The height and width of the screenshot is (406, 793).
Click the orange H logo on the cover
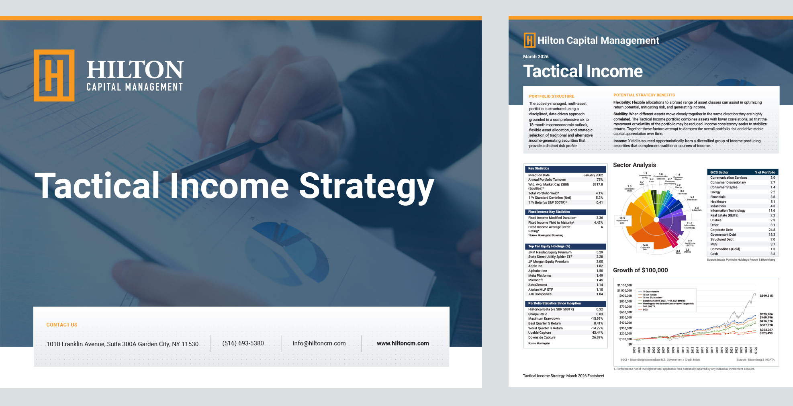click(x=54, y=75)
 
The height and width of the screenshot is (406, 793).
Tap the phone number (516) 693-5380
click(x=243, y=343)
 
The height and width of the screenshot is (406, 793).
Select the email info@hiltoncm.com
click(x=319, y=343)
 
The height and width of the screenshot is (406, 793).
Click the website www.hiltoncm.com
click(x=403, y=343)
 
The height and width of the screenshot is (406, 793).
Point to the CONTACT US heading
click(x=62, y=325)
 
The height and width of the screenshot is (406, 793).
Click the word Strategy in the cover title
click(x=366, y=186)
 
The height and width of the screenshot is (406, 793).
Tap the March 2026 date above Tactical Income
click(x=535, y=57)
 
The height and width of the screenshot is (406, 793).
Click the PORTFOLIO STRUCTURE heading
click(x=551, y=96)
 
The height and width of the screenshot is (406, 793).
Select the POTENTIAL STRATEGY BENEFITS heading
click(x=644, y=95)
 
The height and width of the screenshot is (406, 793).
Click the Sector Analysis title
click(x=634, y=165)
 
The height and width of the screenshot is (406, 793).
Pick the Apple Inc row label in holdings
click(x=535, y=266)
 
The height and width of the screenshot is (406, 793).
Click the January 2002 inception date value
click(x=593, y=175)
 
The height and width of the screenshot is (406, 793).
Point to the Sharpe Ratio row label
click(x=538, y=314)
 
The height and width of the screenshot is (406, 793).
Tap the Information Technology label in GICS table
click(x=728, y=210)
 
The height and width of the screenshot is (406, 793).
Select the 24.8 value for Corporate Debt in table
click(x=772, y=230)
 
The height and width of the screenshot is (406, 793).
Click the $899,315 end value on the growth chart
click(x=766, y=296)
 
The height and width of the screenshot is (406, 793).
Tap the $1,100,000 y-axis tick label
click(x=624, y=285)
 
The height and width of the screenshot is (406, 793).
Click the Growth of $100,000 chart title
click(x=640, y=270)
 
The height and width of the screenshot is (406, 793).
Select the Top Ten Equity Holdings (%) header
click(x=549, y=246)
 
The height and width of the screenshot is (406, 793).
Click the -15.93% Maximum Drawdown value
click(x=597, y=318)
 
